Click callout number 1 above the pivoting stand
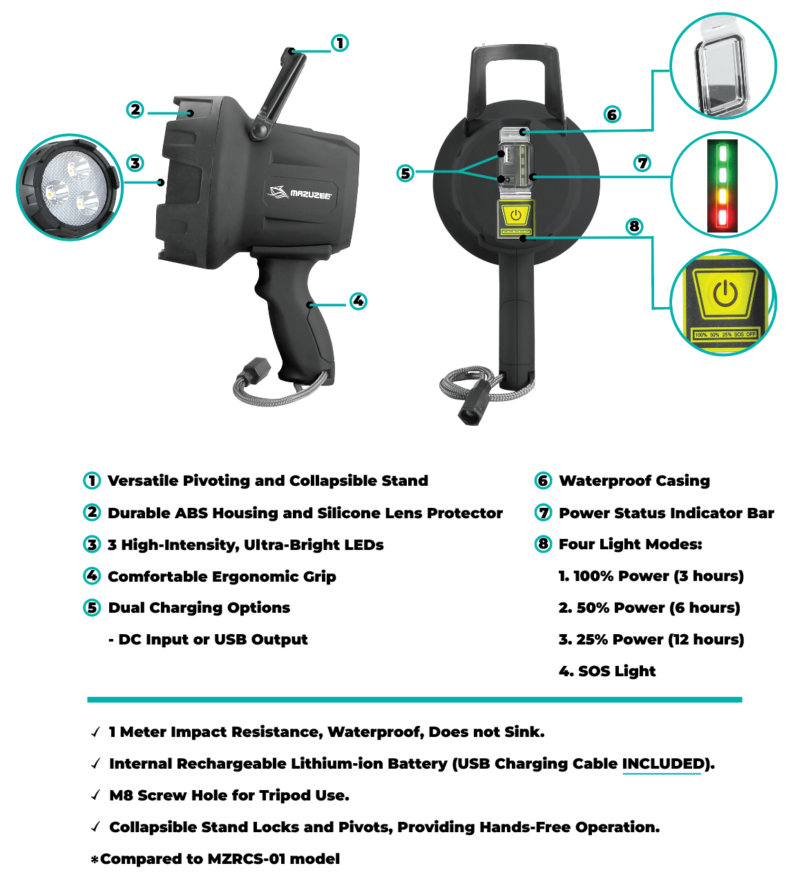[x=340, y=43]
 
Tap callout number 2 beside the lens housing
[x=135, y=110]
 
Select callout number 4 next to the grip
[x=358, y=302]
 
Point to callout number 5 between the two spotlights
[x=405, y=173]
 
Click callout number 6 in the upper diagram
[x=612, y=115]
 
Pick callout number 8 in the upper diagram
[x=634, y=226]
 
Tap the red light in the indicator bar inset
[x=722, y=218]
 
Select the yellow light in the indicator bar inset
[x=722, y=196]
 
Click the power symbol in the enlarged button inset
[x=725, y=293]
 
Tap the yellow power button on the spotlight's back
[x=516, y=215]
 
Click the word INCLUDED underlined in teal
[x=663, y=764]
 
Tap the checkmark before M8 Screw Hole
[x=95, y=796]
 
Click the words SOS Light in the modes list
[x=617, y=671]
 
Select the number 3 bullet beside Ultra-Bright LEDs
[x=92, y=544]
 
